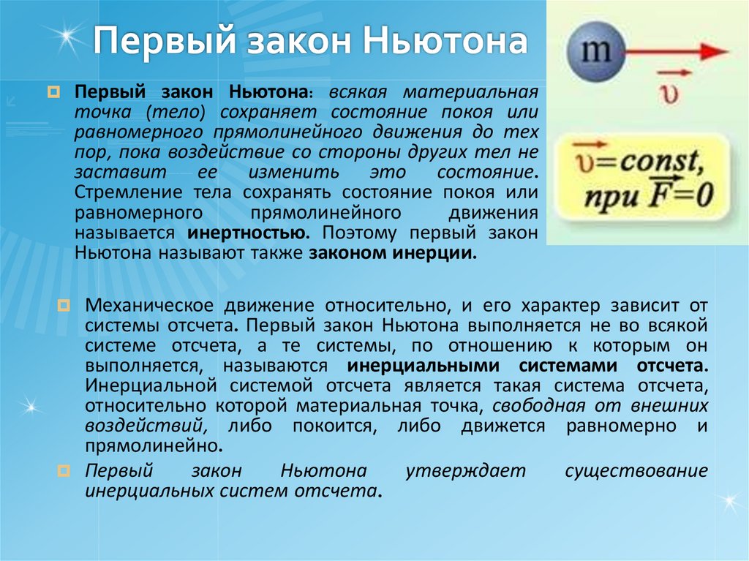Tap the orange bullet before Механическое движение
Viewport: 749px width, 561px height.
(63, 304)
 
